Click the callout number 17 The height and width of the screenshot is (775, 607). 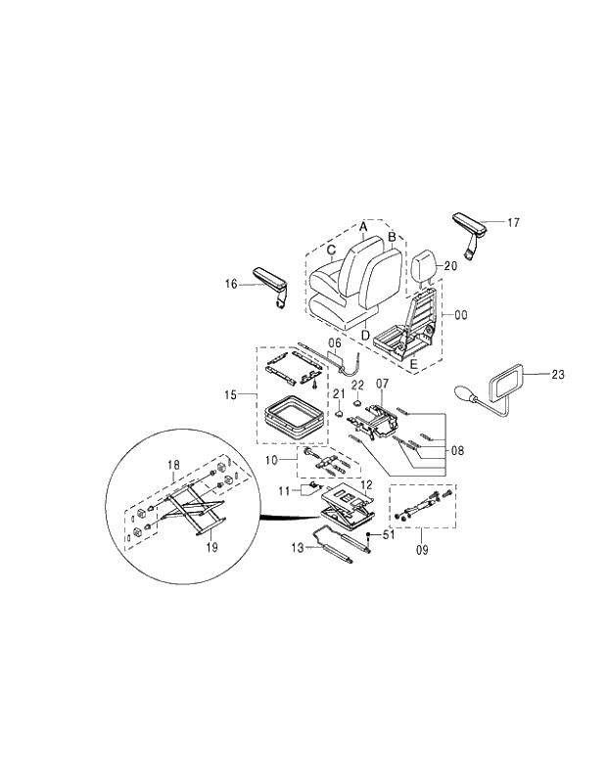(514, 222)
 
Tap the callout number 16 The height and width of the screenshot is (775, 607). (231, 284)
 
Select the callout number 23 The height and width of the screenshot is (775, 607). (558, 374)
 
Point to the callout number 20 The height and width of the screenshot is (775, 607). (450, 265)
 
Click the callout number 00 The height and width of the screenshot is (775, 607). (460, 315)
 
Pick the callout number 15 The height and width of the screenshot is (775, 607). (232, 395)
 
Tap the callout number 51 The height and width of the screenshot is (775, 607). (388, 534)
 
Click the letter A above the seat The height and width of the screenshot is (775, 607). (362, 226)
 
